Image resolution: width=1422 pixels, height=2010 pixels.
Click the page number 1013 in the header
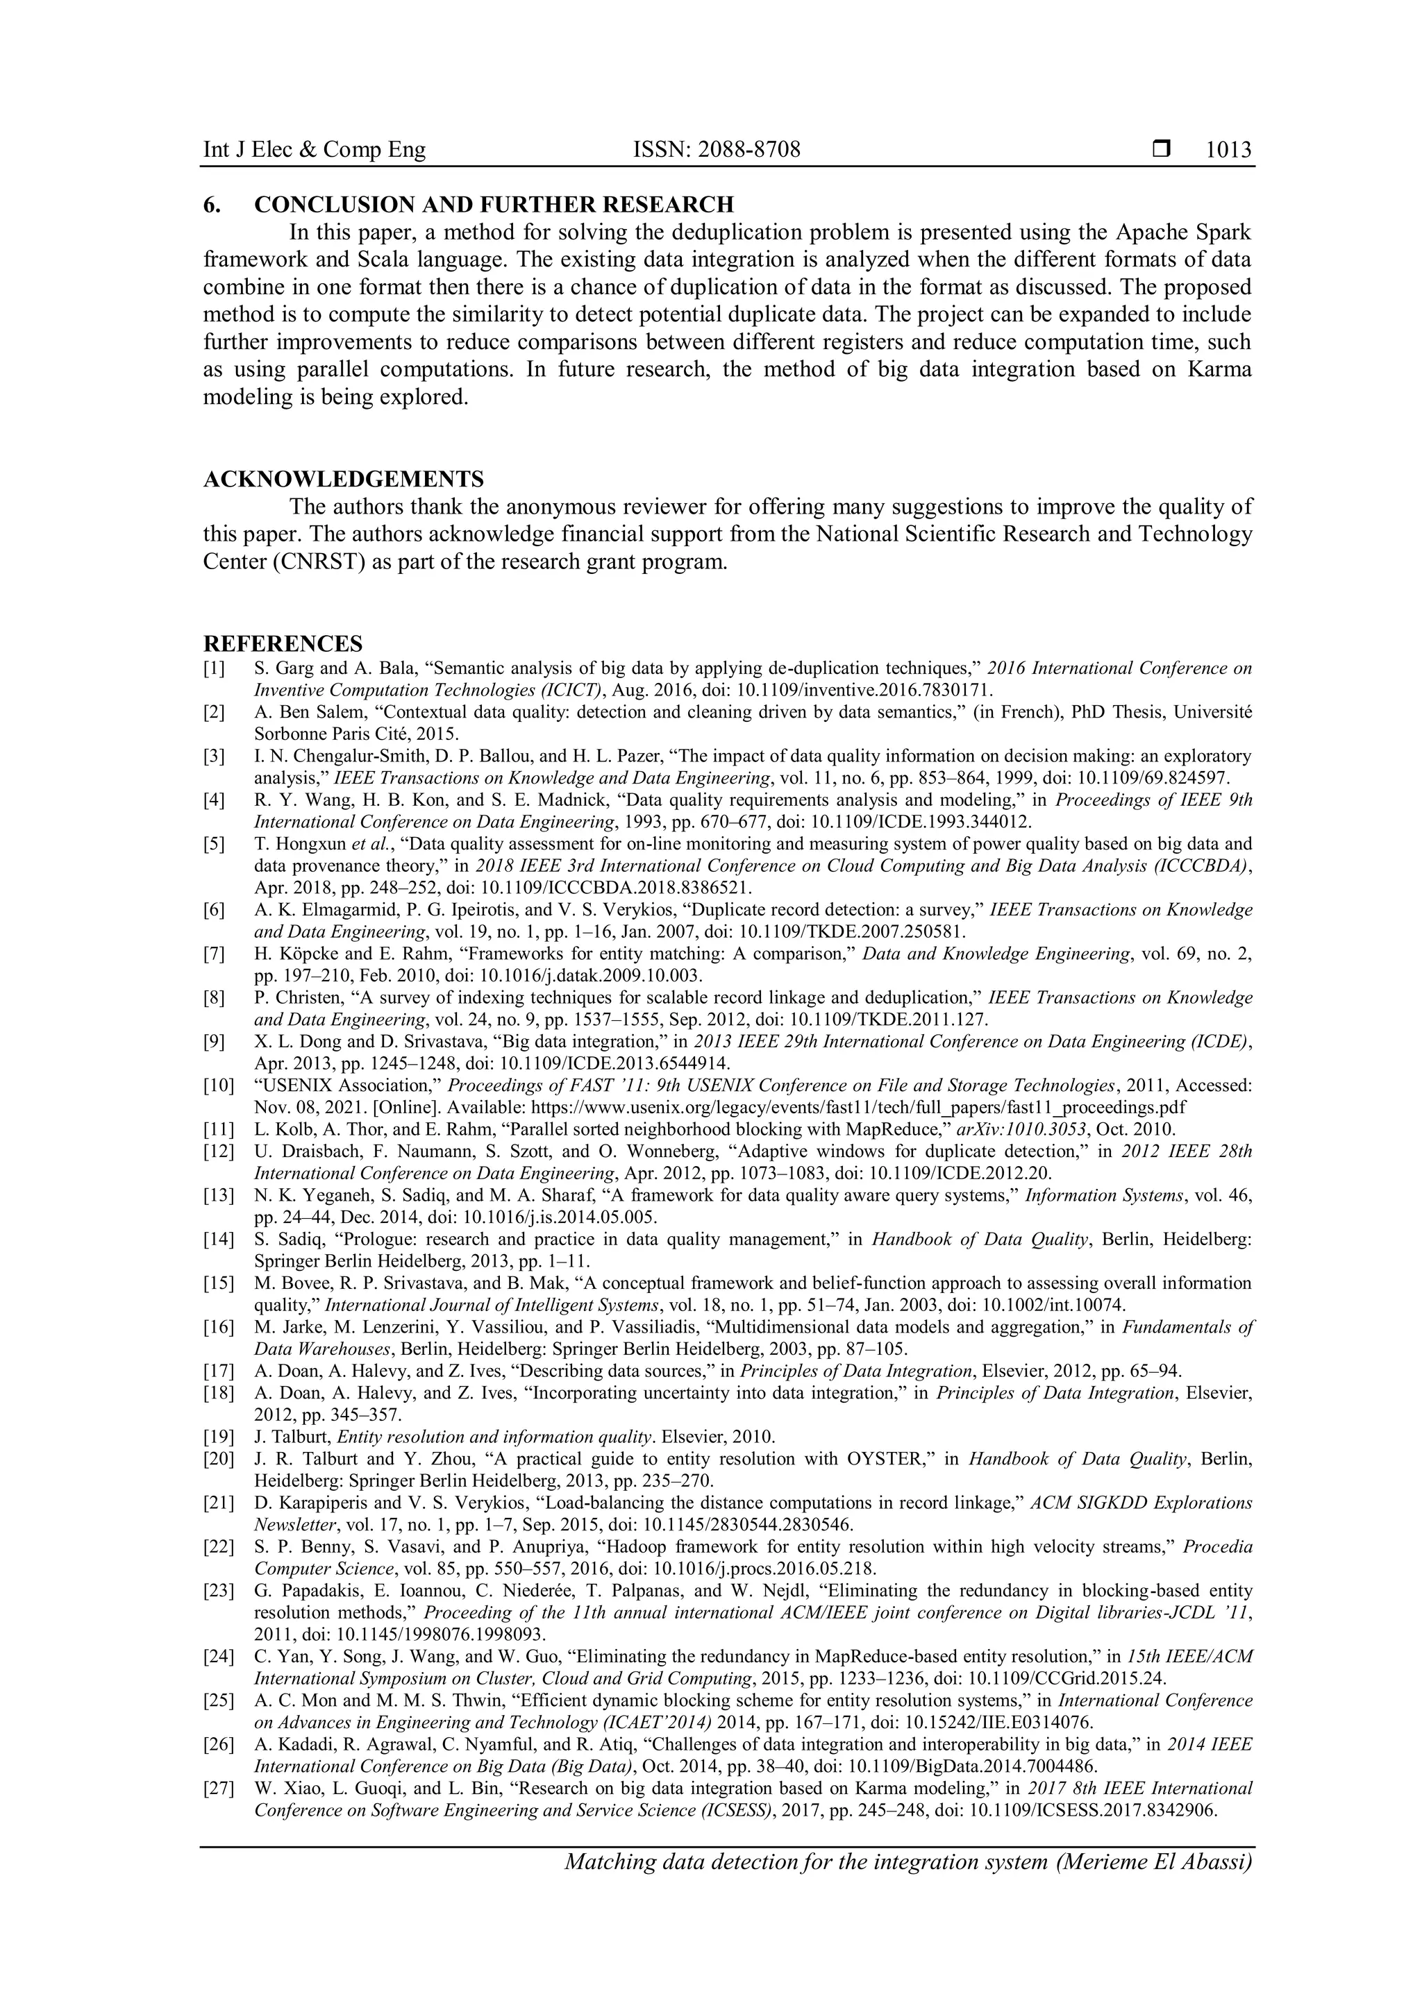point(1228,150)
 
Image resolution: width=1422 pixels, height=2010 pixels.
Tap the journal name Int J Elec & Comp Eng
point(315,150)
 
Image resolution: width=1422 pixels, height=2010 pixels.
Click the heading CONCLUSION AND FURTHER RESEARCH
point(494,205)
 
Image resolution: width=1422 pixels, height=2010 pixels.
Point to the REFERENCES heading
point(283,643)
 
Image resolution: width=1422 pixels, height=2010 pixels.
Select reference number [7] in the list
point(214,954)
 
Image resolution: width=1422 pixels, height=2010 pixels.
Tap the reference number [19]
point(218,1436)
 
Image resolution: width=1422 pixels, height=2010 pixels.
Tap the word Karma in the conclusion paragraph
point(1220,369)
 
